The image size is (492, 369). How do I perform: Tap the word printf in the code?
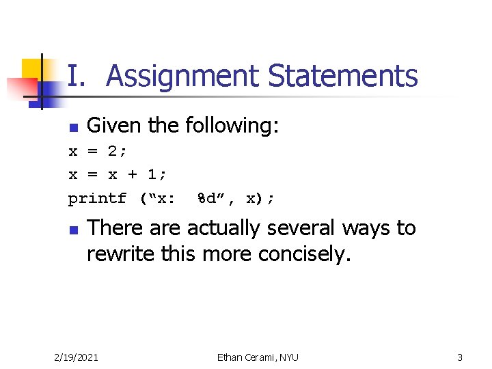tap(97, 199)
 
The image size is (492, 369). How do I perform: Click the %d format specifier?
tap(206, 199)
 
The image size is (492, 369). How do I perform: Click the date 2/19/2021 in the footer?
tap(76, 357)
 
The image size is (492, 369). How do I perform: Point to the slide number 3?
tap(460, 357)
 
